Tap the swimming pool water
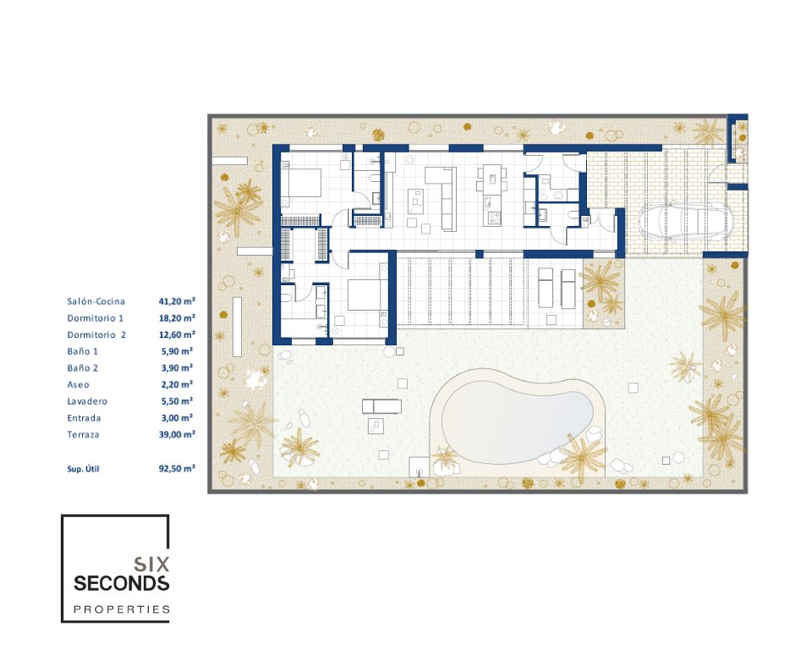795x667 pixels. point(517,427)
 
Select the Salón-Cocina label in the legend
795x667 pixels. point(96,301)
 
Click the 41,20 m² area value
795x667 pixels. point(177,301)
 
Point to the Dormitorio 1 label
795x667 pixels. point(96,318)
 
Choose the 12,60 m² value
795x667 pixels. point(177,335)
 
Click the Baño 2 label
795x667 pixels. point(83,368)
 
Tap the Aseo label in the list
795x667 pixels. point(78,385)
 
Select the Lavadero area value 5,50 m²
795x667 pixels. point(177,401)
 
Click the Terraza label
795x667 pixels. point(83,434)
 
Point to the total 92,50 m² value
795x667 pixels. point(177,469)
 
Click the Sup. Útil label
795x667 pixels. point(83,469)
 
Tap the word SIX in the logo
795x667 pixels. point(151,565)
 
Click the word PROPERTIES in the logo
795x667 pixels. point(122,609)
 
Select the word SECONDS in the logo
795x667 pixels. point(122,584)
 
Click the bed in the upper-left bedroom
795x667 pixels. point(301,183)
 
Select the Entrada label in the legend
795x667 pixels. point(85,418)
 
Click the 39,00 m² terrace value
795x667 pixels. point(177,434)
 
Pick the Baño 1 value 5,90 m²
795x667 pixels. point(177,351)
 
